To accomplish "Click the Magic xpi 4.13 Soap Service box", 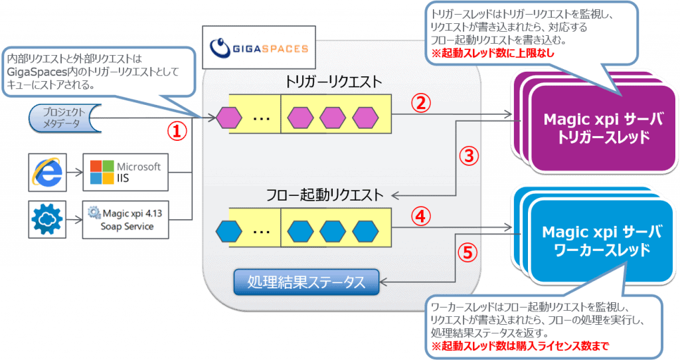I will [x=126, y=220].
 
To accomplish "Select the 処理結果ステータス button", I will [x=305, y=282].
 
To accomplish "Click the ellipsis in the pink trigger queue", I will [x=261, y=119].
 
